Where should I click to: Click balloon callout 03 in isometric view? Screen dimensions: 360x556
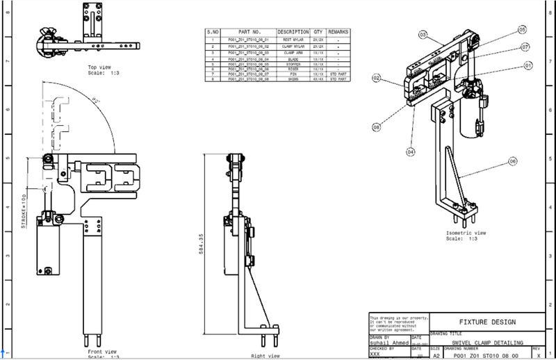(422, 33)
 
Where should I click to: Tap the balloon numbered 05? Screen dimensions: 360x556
(521, 29)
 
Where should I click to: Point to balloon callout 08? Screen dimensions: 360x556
(376, 127)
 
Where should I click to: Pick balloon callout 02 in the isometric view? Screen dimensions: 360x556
(376, 79)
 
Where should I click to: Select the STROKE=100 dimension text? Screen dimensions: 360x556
(23, 211)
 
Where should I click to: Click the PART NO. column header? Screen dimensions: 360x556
(248, 32)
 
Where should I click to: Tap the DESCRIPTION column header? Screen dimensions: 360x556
(293, 32)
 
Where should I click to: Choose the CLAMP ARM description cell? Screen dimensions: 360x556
(293, 52)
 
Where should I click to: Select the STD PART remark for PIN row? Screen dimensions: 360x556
(338, 74)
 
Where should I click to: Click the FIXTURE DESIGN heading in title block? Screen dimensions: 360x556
(487, 322)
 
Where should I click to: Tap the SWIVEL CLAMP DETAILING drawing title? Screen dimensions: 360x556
(486, 343)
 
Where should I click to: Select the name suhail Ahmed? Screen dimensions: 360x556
(390, 343)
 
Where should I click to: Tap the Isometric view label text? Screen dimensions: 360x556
(466, 233)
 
